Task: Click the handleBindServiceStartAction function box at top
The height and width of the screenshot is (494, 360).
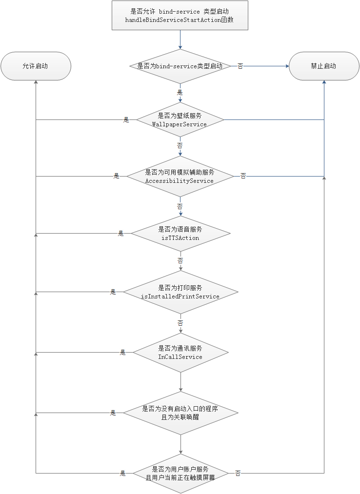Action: (x=180, y=16)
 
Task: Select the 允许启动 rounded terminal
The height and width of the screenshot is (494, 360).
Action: (x=36, y=66)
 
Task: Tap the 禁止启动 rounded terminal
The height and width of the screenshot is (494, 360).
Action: (x=323, y=66)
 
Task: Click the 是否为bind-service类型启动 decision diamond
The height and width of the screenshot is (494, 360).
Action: (x=180, y=66)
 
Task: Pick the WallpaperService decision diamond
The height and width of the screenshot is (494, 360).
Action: (x=180, y=120)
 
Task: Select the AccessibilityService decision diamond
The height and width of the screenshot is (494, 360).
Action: (x=180, y=177)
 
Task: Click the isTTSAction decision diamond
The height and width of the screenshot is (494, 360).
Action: (x=180, y=234)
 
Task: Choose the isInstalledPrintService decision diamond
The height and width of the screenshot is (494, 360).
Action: (x=180, y=292)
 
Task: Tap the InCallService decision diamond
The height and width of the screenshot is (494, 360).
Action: (x=180, y=353)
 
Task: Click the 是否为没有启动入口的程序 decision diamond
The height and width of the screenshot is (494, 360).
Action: (x=180, y=413)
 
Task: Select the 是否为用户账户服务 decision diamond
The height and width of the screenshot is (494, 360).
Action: (x=180, y=473)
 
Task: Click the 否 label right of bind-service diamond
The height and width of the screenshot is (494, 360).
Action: (x=240, y=66)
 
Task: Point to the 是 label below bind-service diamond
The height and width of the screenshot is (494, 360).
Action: (x=180, y=92)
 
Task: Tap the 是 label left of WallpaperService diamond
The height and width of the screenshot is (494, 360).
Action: (x=126, y=120)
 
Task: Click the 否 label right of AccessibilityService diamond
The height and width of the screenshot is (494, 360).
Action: (x=243, y=176)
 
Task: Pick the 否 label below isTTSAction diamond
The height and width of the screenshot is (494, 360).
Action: (x=180, y=261)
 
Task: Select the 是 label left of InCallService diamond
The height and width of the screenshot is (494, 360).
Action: (x=123, y=353)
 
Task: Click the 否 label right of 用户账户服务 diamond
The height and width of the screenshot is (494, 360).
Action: (x=238, y=473)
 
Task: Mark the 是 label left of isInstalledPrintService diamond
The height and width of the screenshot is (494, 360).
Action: (x=113, y=292)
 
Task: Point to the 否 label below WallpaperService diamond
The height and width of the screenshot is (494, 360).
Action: (x=180, y=146)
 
